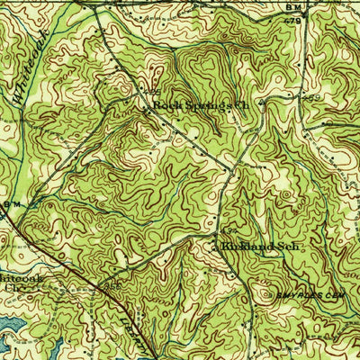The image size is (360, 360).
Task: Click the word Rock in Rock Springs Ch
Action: click(x=163, y=105)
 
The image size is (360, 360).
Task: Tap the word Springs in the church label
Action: click(x=200, y=105)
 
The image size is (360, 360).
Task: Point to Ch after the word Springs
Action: click(x=238, y=105)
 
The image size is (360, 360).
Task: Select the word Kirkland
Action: click(x=237, y=244)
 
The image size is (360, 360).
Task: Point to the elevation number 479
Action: click(x=294, y=19)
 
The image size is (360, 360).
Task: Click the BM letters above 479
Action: click(x=293, y=8)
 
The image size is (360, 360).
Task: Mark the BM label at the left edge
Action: click(x=9, y=206)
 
